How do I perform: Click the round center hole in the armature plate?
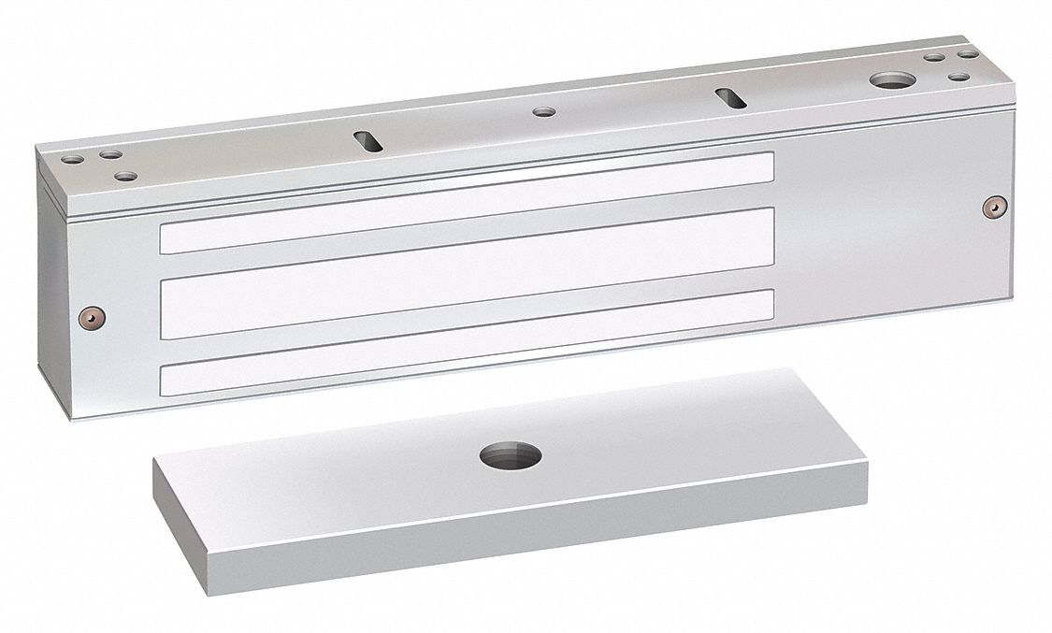coord(511,457)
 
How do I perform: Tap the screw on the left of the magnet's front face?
coord(89,316)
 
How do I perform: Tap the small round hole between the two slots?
coord(543,112)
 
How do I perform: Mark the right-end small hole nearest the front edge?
coord(960,75)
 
